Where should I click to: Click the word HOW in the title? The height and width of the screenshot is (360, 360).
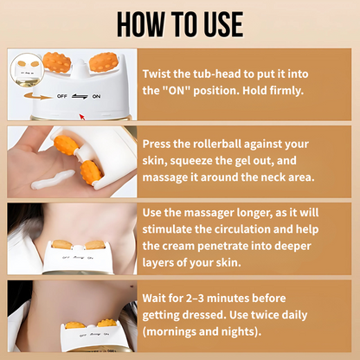(141, 24)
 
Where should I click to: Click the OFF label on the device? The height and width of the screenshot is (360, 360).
(62, 96)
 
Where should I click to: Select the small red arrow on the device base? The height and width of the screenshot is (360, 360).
(82, 117)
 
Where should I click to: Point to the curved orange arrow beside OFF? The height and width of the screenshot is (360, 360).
(37, 96)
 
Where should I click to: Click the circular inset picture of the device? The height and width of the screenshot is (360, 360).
(27, 69)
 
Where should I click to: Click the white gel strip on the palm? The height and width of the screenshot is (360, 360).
(53, 179)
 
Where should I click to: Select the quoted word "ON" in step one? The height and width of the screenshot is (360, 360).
(176, 91)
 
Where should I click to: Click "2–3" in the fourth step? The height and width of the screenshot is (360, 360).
(195, 298)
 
